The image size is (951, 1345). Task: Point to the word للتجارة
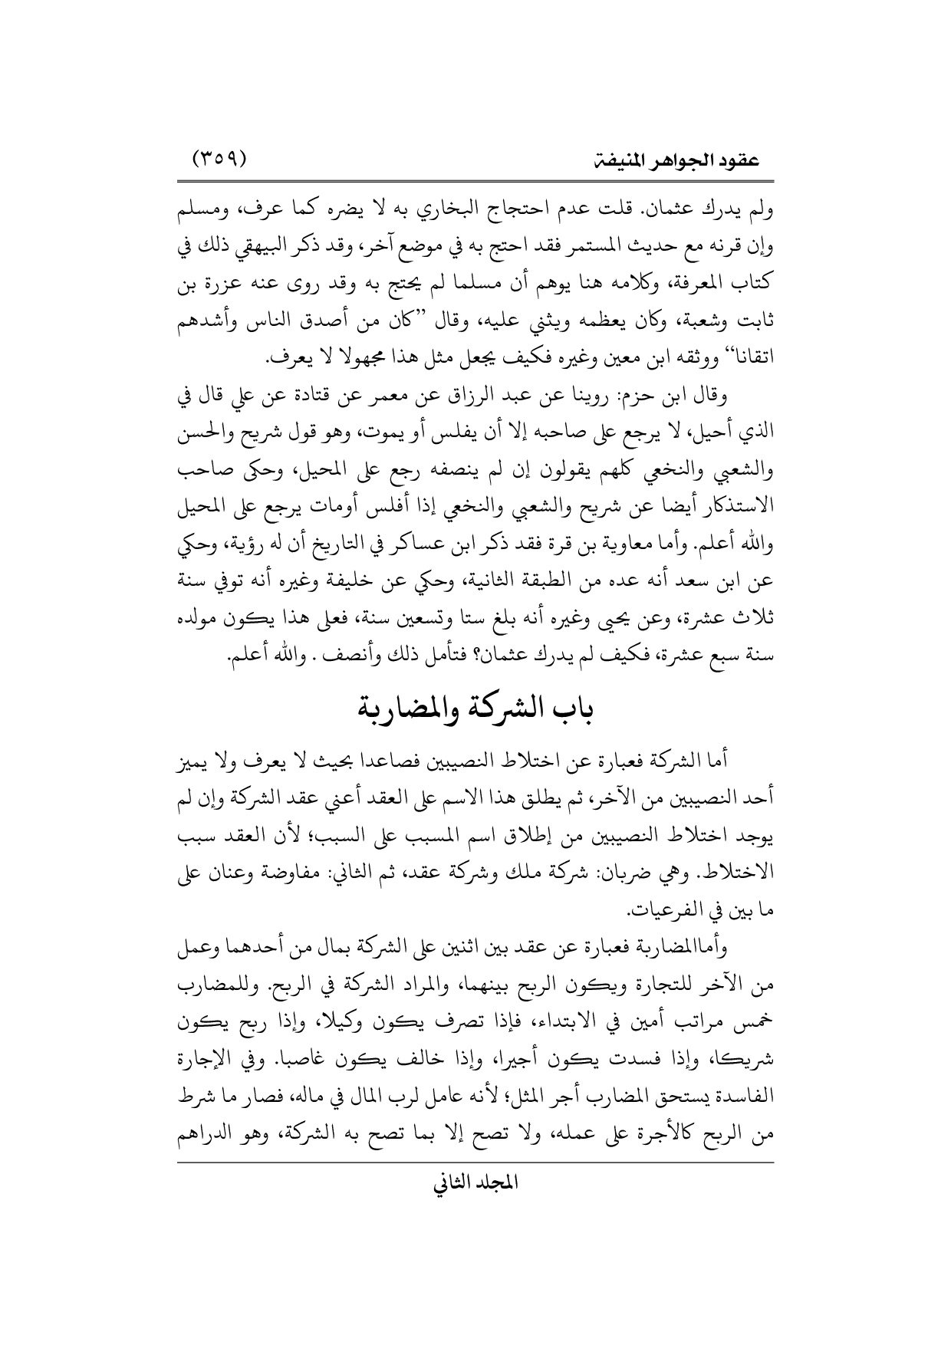pyautogui.click(x=658, y=988)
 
